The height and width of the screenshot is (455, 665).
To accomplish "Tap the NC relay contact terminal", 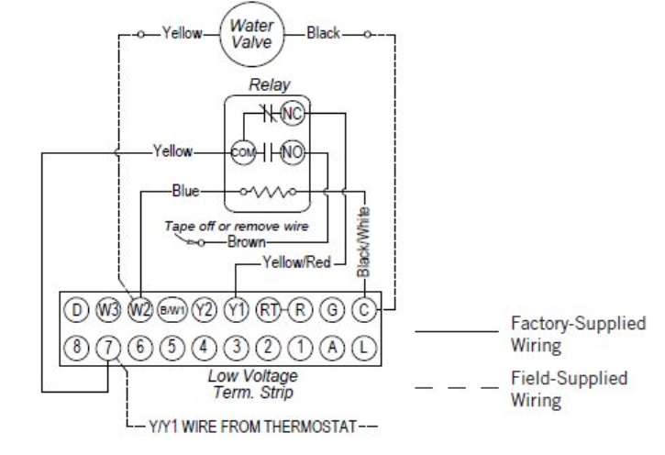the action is [293, 113].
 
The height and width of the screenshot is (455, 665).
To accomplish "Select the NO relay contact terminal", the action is [293, 152].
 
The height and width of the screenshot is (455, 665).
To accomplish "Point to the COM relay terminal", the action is [243, 152].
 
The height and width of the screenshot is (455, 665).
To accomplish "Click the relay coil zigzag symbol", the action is [268, 192].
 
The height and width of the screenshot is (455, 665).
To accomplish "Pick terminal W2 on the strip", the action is [140, 310].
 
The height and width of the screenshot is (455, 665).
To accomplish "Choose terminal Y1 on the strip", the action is [236, 310].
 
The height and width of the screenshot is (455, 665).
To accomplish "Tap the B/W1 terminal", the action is [172, 310].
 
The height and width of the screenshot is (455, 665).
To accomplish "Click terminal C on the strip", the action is [364, 310].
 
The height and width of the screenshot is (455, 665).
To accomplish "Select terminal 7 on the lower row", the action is [108, 348].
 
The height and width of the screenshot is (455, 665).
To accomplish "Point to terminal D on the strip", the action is [76, 310].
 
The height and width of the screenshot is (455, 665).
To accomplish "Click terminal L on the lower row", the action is [364, 348].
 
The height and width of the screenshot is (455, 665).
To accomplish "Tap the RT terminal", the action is [268, 310].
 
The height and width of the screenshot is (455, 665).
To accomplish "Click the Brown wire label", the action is [247, 242].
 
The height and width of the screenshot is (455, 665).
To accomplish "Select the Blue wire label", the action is [186, 191].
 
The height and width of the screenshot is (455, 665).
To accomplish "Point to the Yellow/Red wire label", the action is [296, 262].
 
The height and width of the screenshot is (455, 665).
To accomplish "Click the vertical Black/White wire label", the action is [363, 242].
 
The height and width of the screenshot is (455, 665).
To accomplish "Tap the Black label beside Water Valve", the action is [323, 33].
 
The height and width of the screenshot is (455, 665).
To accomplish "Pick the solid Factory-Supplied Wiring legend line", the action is [457, 331].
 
